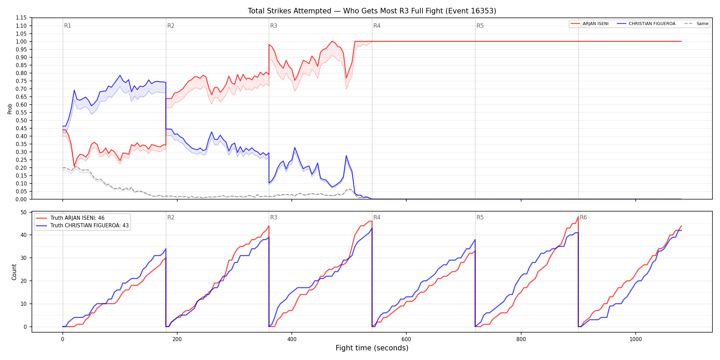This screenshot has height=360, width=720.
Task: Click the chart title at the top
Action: (x=372, y=11)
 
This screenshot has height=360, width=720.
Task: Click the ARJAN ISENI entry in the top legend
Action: (x=596, y=24)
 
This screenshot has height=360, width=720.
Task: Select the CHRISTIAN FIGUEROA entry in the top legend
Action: (x=652, y=24)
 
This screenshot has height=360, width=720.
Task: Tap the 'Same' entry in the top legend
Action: (x=702, y=24)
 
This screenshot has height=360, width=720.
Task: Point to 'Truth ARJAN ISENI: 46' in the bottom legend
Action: (x=77, y=218)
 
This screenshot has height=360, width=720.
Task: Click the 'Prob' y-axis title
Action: (x=10, y=109)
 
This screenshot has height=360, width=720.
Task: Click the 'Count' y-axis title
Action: (x=14, y=272)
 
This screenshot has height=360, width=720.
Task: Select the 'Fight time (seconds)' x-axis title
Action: (x=372, y=348)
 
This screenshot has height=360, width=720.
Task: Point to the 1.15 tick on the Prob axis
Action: (x=21, y=18)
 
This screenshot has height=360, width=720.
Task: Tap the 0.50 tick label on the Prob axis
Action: (x=21, y=120)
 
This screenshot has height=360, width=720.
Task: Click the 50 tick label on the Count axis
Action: (x=24, y=213)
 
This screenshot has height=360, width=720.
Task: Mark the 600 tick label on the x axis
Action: (x=406, y=339)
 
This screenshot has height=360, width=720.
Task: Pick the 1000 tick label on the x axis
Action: (x=636, y=339)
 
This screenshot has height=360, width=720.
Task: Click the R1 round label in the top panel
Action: (x=68, y=26)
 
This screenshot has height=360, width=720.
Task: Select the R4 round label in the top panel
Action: (x=377, y=26)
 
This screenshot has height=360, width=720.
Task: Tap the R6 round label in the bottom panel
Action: (x=583, y=218)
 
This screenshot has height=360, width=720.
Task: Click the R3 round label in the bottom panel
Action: (x=274, y=218)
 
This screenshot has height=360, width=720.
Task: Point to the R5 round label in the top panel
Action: (x=480, y=26)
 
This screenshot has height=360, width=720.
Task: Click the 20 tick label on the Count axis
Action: (x=24, y=281)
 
